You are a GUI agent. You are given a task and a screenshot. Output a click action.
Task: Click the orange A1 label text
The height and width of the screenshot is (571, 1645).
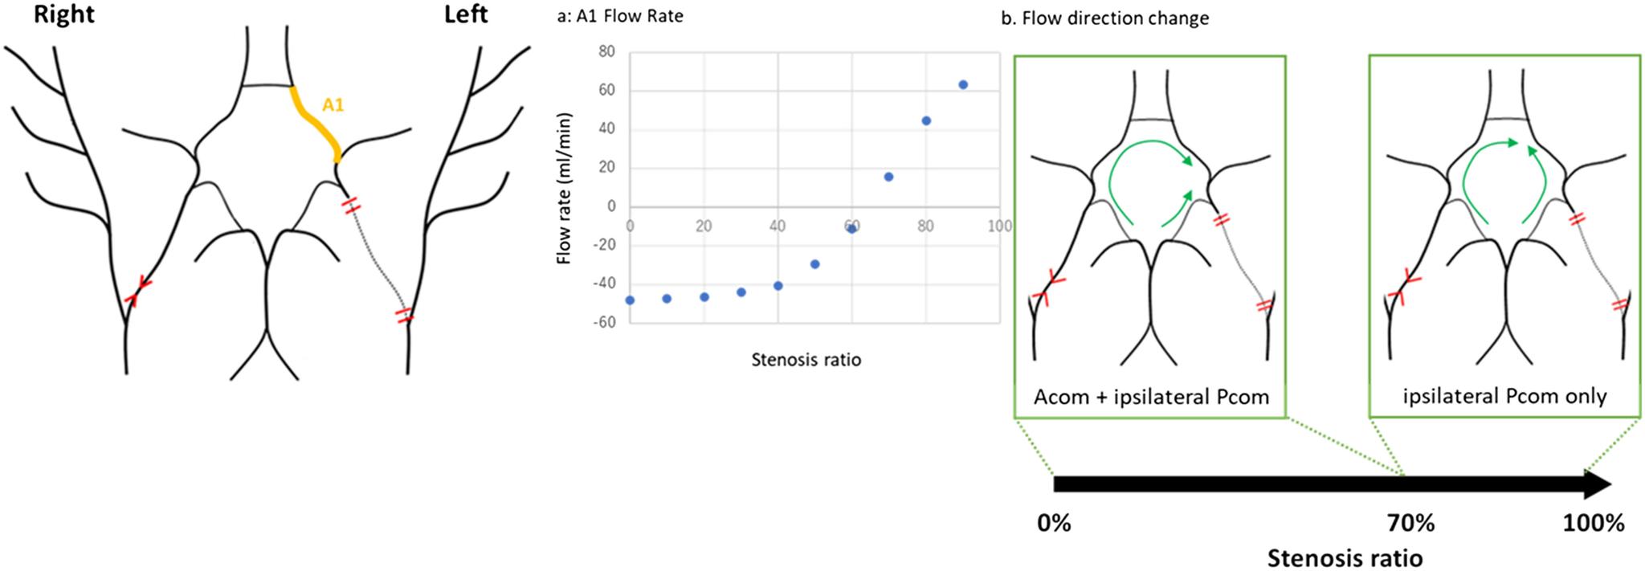pyautogui.click(x=333, y=104)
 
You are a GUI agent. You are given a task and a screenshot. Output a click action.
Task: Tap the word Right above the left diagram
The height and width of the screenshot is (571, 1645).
pyautogui.click(x=63, y=14)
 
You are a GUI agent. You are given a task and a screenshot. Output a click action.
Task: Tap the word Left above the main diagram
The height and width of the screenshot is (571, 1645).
pyautogui.click(x=466, y=14)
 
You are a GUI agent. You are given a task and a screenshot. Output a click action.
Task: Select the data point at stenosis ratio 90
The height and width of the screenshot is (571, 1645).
pyautogui.click(x=963, y=84)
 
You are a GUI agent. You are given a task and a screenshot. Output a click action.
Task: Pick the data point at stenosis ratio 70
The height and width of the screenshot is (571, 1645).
pyautogui.click(x=888, y=177)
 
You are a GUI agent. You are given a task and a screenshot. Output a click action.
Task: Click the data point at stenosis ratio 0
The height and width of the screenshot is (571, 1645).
pyautogui.click(x=630, y=300)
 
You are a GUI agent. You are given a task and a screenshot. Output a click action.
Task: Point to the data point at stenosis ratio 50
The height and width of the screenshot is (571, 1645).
pyautogui.click(x=815, y=264)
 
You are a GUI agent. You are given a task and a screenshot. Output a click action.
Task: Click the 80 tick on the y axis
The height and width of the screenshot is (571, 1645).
pyautogui.click(x=606, y=51)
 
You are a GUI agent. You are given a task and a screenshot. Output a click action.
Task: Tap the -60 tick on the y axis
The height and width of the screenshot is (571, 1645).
pyautogui.click(x=603, y=322)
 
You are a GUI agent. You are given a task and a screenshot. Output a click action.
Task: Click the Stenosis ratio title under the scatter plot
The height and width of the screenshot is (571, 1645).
pyautogui.click(x=806, y=360)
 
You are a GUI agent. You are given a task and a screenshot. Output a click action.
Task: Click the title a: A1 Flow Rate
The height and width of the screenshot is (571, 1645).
pyautogui.click(x=619, y=16)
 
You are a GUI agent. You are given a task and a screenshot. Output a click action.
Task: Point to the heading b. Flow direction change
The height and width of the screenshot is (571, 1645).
pyautogui.click(x=1104, y=18)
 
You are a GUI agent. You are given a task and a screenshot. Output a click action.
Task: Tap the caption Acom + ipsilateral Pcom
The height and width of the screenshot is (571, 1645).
pyautogui.click(x=1151, y=397)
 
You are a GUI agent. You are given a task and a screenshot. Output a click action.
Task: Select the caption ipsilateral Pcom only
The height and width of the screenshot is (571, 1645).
pyautogui.click(x=1504, y=396)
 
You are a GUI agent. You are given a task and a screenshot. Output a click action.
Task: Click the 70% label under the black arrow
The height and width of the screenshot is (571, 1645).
pyautogui.click(x=1410, y=524)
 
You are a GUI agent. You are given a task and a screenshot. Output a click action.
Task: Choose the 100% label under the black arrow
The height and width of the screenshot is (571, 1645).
pyautogui.click(x=1593, y=524)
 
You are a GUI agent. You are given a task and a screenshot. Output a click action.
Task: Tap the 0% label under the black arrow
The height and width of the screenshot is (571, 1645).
pyautogui.click(x=1054, y=524)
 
